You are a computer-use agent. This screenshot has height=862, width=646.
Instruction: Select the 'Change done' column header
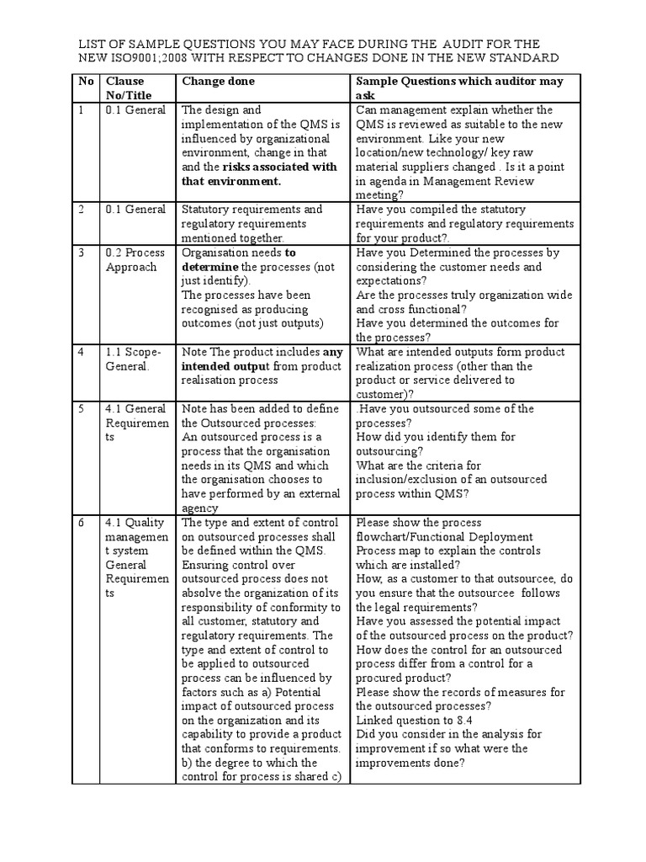(218, 81)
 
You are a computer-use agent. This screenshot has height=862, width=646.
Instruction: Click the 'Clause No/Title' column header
(125, 88)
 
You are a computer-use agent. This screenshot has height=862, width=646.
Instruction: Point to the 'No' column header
(86, 81)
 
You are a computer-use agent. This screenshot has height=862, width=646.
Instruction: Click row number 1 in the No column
(82, 110)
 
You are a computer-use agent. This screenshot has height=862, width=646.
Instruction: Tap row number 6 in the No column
(82, 523)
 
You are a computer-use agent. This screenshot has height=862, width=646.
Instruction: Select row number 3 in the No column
(82, 253)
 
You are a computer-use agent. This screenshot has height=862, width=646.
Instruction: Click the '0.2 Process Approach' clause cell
(135, 260)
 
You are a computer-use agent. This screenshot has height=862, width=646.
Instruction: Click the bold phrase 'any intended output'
(262, 359)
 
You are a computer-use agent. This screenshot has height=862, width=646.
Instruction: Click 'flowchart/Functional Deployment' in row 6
(444, 537)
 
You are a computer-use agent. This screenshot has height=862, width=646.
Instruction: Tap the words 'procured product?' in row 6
(403, 678)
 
